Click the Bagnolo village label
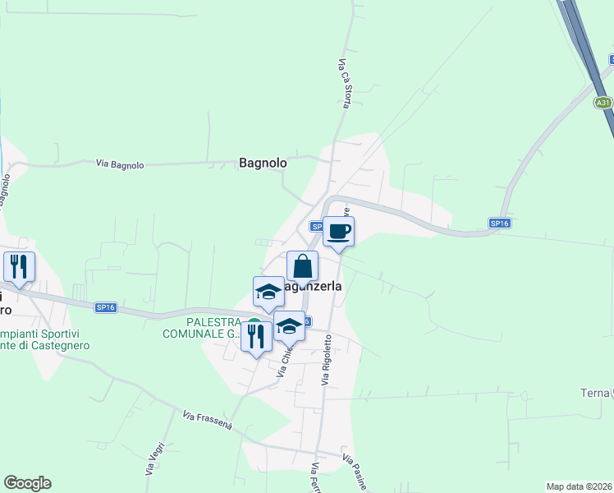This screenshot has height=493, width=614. point(263,163)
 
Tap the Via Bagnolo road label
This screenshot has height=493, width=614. point(120,164)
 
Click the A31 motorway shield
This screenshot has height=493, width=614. point(603,103)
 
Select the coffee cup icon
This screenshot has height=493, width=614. point(338,231)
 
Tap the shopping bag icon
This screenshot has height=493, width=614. point(302,266)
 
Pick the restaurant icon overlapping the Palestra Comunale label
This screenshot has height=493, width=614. point(256,335)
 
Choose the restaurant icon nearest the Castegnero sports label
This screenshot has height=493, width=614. point(18,266)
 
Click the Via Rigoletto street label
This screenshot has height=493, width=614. point(327,359)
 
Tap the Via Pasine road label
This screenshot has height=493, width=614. point(355,472)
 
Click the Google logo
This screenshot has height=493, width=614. point(27,483)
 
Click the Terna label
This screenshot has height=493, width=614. point(594,393)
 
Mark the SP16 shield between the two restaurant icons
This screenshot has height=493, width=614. point(105,307)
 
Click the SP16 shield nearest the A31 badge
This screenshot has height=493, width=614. point(499,223)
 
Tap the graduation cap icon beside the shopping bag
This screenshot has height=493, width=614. point(268,292)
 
